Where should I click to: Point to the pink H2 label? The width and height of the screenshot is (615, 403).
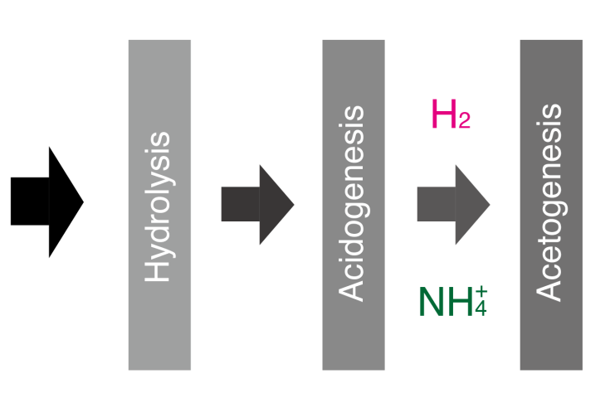pyautogui.click(x=451, y=114)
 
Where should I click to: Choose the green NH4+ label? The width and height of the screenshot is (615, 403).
pyautogui.click(x=453, y=301)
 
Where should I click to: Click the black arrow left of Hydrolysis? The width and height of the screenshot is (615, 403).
pyautogui.click(x=47, y=201)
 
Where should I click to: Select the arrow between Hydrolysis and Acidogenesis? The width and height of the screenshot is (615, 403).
pyautogui.click(x=257, y=205)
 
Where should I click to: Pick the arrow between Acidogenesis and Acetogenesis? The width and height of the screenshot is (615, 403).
pyautogui.click(x=453, y=205)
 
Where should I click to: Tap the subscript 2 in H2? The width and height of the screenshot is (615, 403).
pyautogui.click(x=464, y=120)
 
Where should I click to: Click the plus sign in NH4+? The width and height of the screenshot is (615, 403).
pyautogui.click(x=481, y=292)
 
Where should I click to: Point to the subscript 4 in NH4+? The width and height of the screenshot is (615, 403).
pyautogui.click(x=481, y=308)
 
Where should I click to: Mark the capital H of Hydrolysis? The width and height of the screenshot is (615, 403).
pyautogui.click(x=157, y=269)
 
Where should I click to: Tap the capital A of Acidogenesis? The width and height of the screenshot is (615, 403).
pyautogui.click(x=350, y=289)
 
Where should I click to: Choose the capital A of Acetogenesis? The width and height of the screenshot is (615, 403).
pyautogui.click(x=548, y=289)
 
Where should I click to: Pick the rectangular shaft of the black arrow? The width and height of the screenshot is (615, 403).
pyautogui.click(x=30, y=201)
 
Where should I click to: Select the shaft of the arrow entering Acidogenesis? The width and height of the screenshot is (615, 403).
pyautogui.click(x=241, y=204)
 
